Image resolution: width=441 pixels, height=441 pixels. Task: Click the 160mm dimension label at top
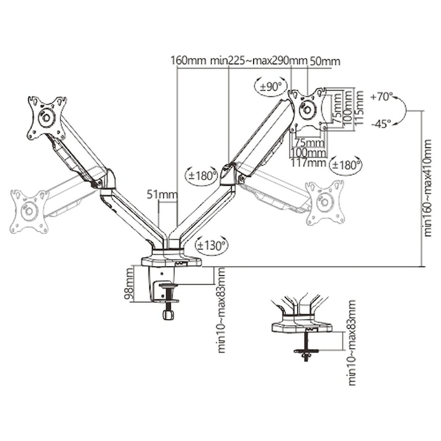click(x=188, y=61)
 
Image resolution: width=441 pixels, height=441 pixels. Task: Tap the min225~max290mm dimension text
click(x=258, y=61)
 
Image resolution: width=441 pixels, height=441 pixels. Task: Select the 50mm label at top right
click(x=325, y=61)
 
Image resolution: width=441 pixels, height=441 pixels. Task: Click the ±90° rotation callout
click(x=270, y=87)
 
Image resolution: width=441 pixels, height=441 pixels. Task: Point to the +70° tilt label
click(x=381, y=97)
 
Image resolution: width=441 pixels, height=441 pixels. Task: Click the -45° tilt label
click(x=381, y=124)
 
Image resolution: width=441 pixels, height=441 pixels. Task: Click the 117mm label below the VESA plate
click(x=307, y=163)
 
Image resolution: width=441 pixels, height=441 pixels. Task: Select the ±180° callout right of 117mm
click(x=346, y=164)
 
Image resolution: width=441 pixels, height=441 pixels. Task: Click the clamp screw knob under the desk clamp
click(x=168, y=314)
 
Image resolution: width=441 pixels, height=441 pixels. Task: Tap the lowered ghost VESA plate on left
click(x=30, y=211)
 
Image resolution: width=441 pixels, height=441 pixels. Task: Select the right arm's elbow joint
click(x=232, y=175)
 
